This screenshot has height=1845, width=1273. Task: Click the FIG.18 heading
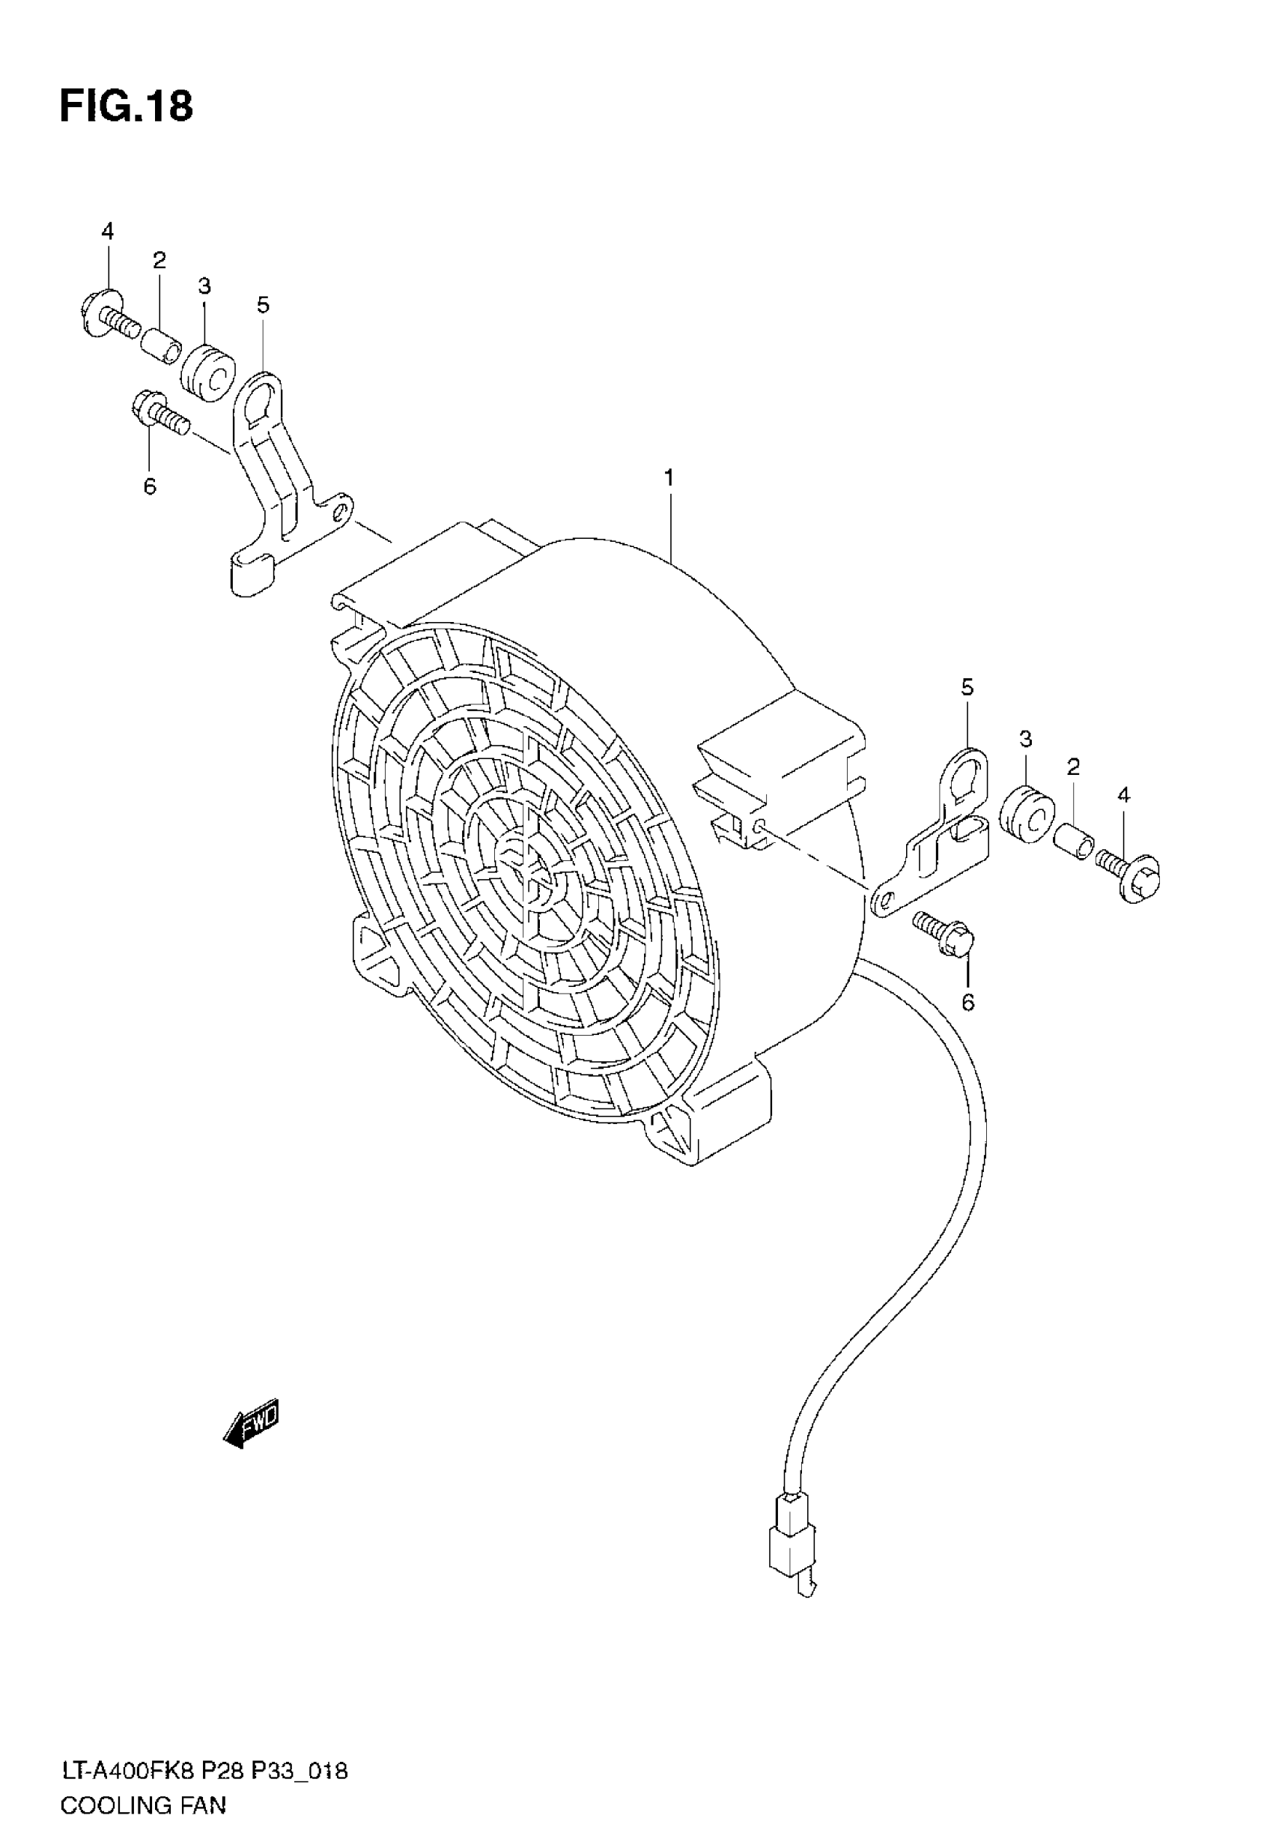pyautogui.click(x=126, y=106)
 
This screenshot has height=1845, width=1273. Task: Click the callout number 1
pyautogui.click(x=669, y=478)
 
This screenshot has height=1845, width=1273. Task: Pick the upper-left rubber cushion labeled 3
pyautogui.click(x=207, y=372)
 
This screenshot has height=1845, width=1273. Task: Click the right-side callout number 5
pyautogui.click(x=967, y=687)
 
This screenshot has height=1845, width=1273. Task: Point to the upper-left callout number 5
pyautogui.click(x=264, y=305)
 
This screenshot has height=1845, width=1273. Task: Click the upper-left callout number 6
pyautogui.click(x=150, y=486)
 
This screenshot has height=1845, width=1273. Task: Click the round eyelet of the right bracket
pyautogui.click(x=966, y=775)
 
